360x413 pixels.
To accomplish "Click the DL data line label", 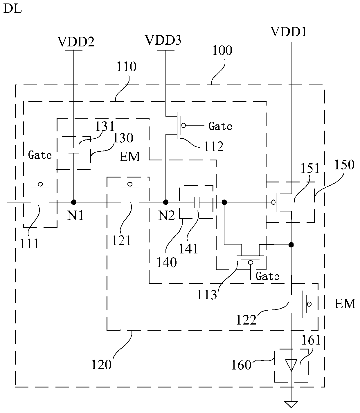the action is point(12,9).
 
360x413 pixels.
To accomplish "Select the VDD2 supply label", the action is point(76,42).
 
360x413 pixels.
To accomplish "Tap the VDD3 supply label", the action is point(163,40).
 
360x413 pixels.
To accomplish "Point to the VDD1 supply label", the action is point(289,32).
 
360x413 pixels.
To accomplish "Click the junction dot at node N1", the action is point(73,202).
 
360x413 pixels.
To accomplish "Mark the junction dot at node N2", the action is point(166,202).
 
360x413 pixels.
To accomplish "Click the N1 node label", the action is point(75,215).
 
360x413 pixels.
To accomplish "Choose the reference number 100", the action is point(222,50).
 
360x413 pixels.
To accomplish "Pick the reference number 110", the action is point(127,67).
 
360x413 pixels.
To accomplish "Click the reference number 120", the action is point(101,365).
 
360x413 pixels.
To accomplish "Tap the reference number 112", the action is point(214,146).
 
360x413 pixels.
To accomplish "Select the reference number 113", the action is point(207,295).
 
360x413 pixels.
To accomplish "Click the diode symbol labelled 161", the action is point(291,365).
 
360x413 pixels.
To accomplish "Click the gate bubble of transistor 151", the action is point(273,202).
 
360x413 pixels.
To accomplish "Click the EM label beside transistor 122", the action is point(345,304).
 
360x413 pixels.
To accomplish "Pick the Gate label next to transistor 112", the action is point(220,126).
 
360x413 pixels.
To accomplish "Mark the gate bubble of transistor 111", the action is point(40,184).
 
